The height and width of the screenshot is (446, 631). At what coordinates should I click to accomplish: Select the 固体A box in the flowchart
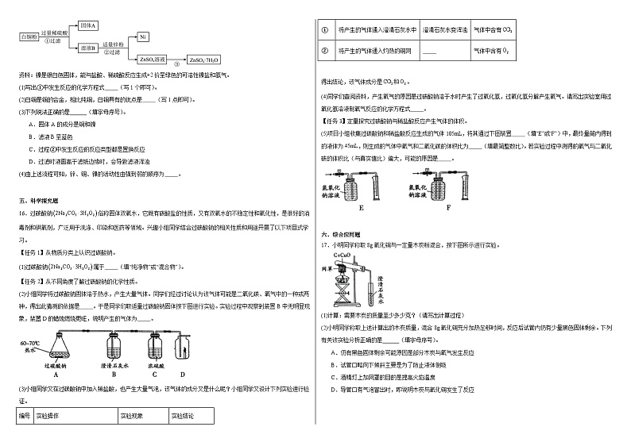(89, 26)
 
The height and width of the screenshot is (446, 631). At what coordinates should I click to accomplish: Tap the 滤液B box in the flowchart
(89, 48)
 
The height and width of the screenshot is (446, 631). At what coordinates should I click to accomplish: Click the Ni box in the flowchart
(142, 37)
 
